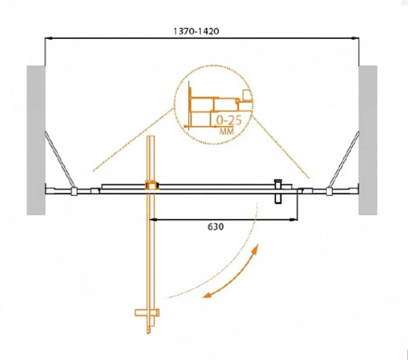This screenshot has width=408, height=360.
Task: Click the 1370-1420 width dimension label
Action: click(196, 31)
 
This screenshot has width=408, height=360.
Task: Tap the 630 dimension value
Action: click(216, 227)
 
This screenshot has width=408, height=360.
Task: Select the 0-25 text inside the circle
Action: click(229, 120)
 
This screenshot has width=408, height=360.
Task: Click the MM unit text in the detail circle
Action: click(227, 131)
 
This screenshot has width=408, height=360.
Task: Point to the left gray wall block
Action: click(36, 140)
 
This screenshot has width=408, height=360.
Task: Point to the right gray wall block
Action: click(368, 140)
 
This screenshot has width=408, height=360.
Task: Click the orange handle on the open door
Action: click(147, 313)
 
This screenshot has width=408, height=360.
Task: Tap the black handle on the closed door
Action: click(278, 191)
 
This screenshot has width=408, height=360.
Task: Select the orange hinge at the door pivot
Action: click(151, 185)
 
